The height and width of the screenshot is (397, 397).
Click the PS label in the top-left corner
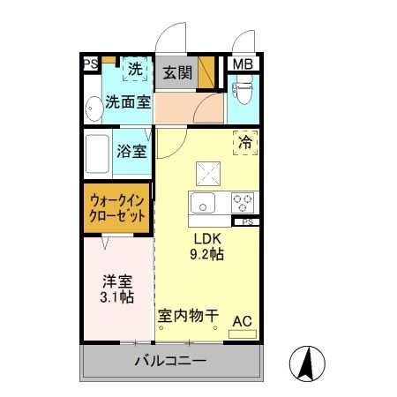pyautogui.click(x=89, y=64)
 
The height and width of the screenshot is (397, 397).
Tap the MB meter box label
pyautogui.click(x=240, y=64)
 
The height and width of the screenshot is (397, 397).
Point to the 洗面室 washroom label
pyautogui.click(x=127, y=101)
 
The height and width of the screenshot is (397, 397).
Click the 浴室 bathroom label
pyautogui.click(x=131, y=149)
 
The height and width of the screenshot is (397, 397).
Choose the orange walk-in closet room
pyautogui.click(x=117, y=208)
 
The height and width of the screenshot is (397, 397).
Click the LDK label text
pyautogui.click(x=208, y=239)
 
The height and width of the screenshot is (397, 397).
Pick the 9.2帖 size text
pyautogui.click(x=208, y=255)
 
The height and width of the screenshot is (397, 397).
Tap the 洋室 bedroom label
pyautogui.click(x=116, y=281)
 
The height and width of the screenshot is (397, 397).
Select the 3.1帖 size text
pyautogui.click(x=116, y=297)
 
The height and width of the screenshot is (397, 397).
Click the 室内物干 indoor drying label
pyautogui.click(x=188, y=315)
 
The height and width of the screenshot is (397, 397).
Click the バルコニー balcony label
pyautogui.click(x=169, y=361)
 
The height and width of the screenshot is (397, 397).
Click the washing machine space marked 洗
pyautogui.click(x=135, y=69)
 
